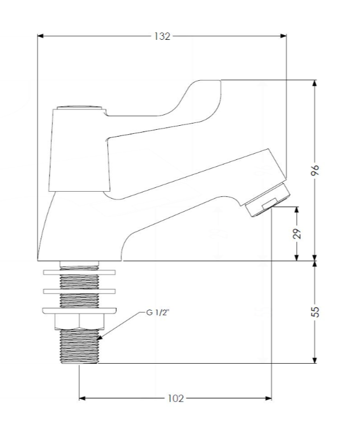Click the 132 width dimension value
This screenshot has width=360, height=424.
162,36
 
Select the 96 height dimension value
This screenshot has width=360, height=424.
315,170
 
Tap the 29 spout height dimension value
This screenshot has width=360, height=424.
297,234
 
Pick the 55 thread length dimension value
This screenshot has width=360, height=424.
315,312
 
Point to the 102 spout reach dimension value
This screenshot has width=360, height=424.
175,398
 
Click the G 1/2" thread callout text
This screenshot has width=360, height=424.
158,312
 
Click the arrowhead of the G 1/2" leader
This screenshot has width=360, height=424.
100,337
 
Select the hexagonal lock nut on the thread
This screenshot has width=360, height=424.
79,322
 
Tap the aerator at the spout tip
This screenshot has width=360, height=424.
267,200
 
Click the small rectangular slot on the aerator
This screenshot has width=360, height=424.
269,203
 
